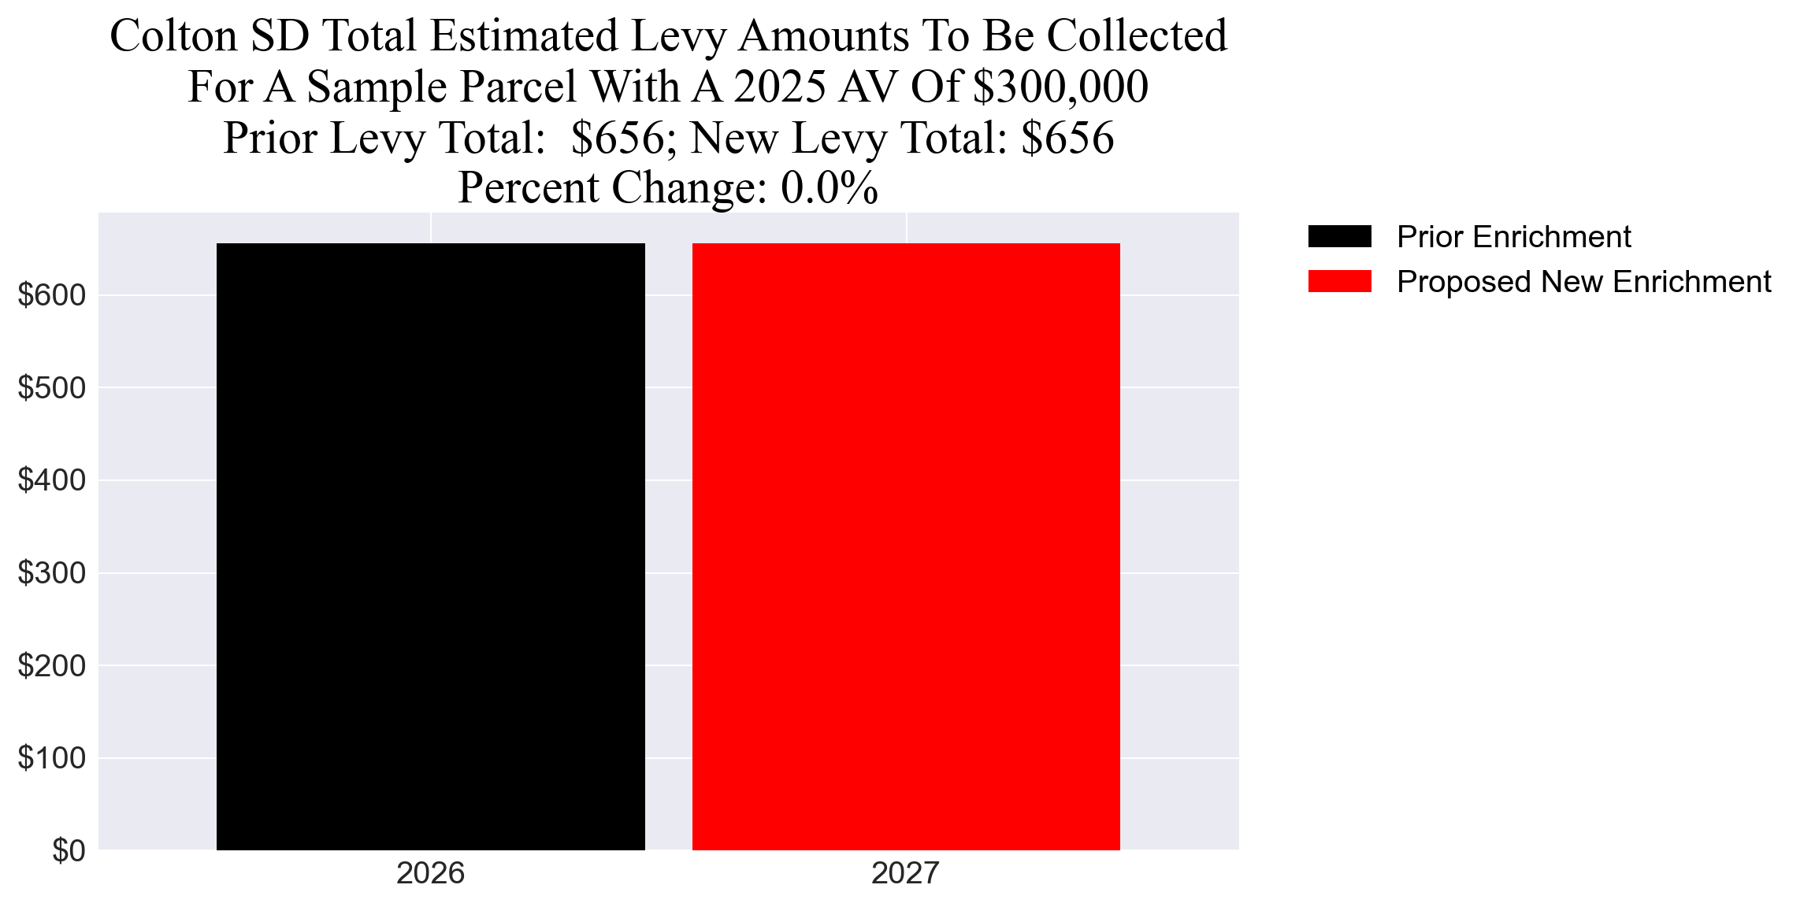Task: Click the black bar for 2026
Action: (430, 546)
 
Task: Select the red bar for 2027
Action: (906, 546)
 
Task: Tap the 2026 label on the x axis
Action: (430, 874)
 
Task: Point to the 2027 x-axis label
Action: (905, 874)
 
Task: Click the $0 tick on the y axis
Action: (69, 851)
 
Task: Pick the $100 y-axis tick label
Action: (52, 758)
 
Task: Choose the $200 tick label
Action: (52, 666)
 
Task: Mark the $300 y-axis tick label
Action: (52, 573)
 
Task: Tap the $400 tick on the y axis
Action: (52, 480)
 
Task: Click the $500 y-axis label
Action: (52, 388)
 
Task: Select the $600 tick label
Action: (52, 295)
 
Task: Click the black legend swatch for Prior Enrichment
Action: (1339, 236)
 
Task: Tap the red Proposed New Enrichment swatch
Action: (1339, 281)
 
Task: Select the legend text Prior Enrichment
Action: (1513, 237)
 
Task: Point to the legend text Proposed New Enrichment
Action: (1583, 282)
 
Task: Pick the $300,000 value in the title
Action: (1060, 87)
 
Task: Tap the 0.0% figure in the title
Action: (830, 188)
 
